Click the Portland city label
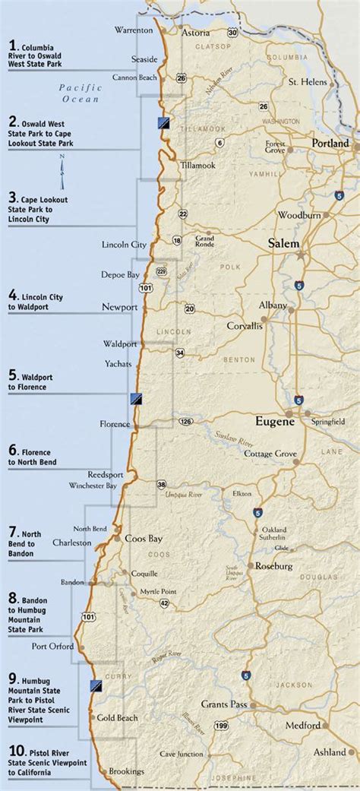[330, 143]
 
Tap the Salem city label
[283, 244]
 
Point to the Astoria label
[196, 33]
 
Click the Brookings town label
[125, 770]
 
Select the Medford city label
[303, 725]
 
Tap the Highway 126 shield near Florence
[185, 419]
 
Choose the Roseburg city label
[274, 565]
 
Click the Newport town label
[120, 308]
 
